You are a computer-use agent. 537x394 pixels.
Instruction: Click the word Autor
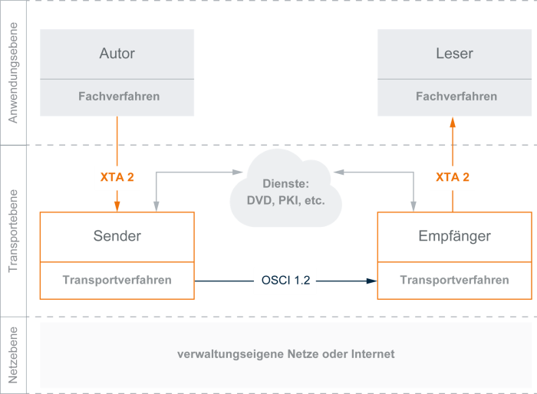click(117, 54)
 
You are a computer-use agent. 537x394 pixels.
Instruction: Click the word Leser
click(455, 54)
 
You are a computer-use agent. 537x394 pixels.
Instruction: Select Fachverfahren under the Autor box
click(119, 97)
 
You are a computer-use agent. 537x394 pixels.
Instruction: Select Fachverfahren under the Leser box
click(456, 97)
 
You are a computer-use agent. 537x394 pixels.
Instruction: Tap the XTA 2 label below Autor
click(117, 177)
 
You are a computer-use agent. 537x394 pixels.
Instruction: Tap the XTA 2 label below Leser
click(453, 177)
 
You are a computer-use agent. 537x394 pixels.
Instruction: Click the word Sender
click(117, 235)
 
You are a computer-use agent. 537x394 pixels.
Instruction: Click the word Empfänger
click(455, 235)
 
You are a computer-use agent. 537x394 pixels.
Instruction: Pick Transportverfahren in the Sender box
click(117, 280)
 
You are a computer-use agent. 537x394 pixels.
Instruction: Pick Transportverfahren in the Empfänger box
click(454, 280)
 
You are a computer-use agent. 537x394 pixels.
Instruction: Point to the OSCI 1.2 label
click(285, 281)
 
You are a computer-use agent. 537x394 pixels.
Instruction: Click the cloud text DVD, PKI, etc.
click(285, 201)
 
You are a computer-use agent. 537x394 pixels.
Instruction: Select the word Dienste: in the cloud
click(285, 184)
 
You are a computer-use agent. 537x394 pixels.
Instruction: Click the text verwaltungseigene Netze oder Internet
click(285, 354)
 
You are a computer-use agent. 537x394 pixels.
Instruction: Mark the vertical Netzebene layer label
click(12, 354)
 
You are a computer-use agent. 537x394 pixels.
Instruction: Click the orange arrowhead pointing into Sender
click(117, 205)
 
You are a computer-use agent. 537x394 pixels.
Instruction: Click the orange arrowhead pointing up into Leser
click(453, 121)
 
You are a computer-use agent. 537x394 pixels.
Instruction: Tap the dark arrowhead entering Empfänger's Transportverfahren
click(372, 281)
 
